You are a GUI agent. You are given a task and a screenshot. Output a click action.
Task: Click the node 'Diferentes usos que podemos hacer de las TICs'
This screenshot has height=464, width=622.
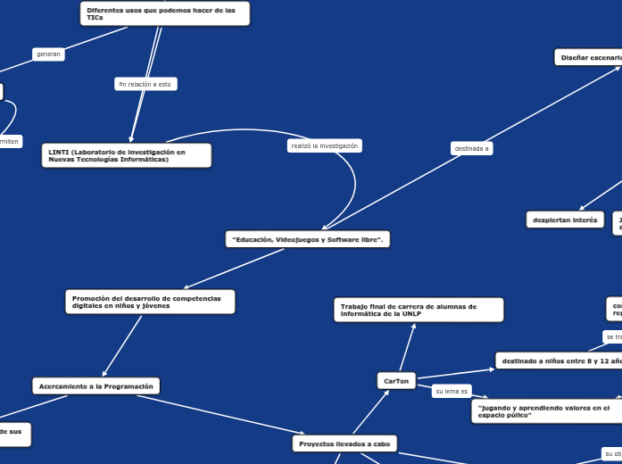pyautogui.click(x=165, y=13)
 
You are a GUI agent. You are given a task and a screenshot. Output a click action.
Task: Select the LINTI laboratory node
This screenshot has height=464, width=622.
pyautogui.click(x=127, y=155)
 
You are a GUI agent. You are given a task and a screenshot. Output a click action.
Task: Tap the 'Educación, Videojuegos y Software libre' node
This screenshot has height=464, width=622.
pyautogui.click(x=307, y=239)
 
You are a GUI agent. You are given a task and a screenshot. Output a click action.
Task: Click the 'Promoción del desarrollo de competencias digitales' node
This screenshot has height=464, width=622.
pyautogui.click(x=150, y=302)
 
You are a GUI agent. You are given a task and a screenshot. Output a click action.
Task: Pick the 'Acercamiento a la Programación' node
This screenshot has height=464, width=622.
pyautogui.click(x=96, y=385)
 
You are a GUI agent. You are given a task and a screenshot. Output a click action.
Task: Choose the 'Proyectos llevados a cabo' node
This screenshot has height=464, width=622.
pyautogui.click(x=344, y=443)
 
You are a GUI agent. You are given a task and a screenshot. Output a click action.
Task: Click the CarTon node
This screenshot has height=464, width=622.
pyautogui.click(x=396, y=381)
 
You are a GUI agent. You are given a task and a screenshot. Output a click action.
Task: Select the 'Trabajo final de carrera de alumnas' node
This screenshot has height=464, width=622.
pyautogui.click(x=418, y=310)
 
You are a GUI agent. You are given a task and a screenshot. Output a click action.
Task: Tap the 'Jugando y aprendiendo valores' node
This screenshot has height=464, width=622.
pyautogui.click(x=544, y=410)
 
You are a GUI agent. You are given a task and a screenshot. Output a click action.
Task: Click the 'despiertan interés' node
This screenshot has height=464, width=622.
pyautogui.click(x=566, y=220)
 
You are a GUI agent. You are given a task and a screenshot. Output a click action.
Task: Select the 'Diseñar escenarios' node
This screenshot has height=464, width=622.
pyautogui.click(x=589, y=57)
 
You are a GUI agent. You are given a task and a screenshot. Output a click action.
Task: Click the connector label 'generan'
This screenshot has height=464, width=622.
pyautogui.click(x=48, y=54)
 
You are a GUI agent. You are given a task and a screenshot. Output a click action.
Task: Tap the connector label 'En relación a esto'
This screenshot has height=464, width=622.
pyautogui.click(x=146, y=84)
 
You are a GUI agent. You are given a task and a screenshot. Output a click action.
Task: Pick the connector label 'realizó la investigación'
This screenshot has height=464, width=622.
pyautogui.click(x=324, y=145)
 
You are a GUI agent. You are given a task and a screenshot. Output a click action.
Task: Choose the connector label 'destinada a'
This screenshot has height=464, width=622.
pyautogui.click(x=471, y=148)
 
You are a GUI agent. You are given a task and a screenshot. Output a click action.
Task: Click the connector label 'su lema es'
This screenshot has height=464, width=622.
pyautogui.click(x=452, y=391)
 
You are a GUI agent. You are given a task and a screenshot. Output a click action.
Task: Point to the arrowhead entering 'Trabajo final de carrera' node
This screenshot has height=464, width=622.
pyautogui.click(x=414, y=325)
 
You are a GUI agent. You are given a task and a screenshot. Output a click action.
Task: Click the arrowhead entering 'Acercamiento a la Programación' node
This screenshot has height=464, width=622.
pyautogui.click(x=104, y=375)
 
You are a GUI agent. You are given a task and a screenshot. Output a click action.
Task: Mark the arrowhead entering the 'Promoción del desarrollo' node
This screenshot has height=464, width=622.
pyautogui.click(x=185, y=286)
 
